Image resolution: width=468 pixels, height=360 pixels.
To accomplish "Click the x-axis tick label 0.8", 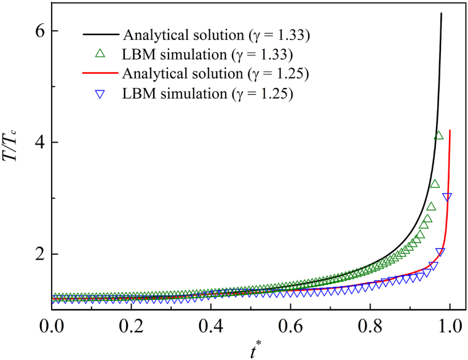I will coord(370,325).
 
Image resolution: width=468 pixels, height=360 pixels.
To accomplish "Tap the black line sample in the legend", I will coord(101,34).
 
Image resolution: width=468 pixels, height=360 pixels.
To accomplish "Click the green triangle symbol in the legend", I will coord(101,54).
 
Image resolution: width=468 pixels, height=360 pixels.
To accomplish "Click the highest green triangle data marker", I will coord(438,135).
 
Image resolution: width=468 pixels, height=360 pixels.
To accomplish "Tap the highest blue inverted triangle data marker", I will coord(447,197).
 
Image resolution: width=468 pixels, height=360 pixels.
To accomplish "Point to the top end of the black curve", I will coord(442,13).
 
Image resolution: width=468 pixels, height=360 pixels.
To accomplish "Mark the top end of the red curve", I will coord(450,130).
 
